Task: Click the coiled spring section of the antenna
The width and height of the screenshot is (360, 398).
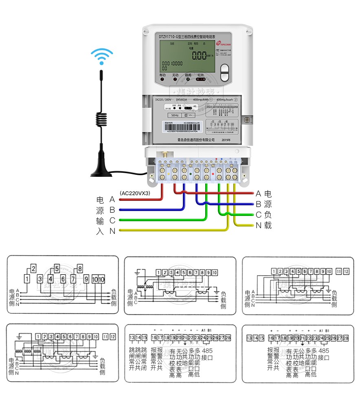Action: [101, 118]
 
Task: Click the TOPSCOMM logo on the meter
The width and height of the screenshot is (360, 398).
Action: [224, 42]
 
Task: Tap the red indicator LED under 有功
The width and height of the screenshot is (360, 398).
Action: [162, 80]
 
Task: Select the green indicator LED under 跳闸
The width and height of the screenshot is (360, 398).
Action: [188, 80]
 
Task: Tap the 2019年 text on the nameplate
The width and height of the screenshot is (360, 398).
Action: [226, 140]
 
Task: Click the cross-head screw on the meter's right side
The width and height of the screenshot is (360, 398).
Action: [247, 120]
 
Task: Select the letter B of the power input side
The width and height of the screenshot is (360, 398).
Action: [112, 210]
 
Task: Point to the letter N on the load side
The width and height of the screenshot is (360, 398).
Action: [259, 225]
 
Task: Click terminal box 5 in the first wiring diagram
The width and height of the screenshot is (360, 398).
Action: [57, 268]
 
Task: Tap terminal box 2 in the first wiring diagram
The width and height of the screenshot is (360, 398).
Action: [33, 268]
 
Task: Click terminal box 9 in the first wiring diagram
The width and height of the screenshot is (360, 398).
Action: [86, 279]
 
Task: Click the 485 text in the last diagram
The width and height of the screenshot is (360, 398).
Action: [324, 350]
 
